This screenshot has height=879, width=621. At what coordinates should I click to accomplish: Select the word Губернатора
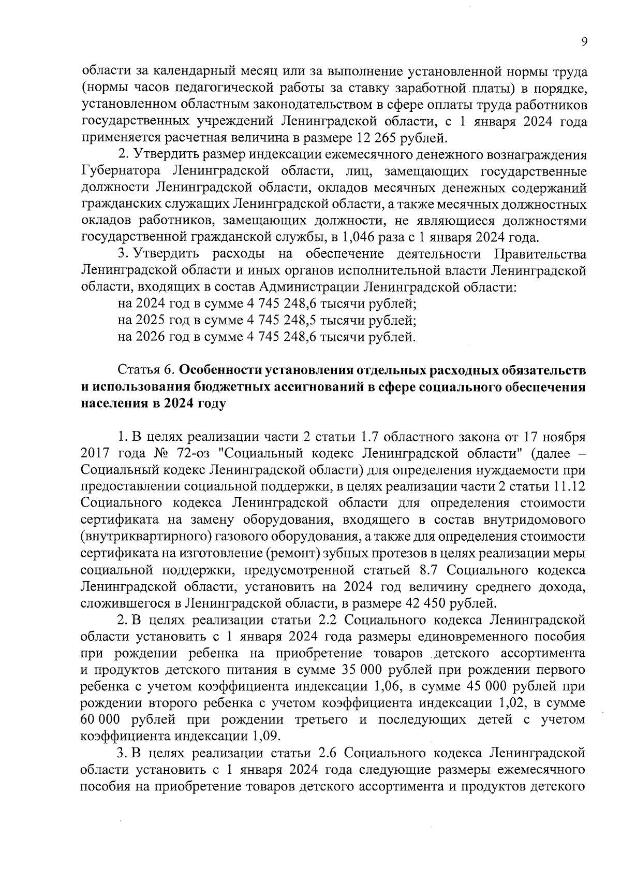[122, 171]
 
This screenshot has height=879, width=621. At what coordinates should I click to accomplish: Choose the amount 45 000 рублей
[525, 686]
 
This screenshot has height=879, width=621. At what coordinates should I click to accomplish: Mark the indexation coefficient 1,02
[512, 703]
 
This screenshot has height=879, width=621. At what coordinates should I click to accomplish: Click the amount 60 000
[100, 719]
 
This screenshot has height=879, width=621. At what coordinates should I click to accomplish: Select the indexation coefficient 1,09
[267, 736]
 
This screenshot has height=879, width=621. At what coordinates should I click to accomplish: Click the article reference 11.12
[568, 487]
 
